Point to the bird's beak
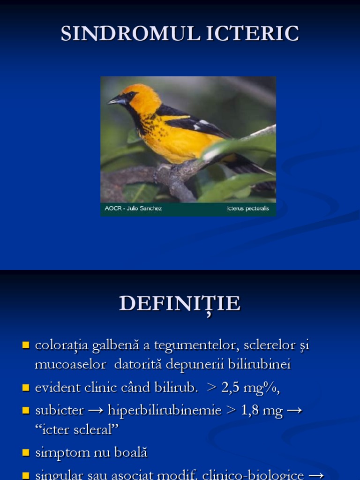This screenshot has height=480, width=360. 115,100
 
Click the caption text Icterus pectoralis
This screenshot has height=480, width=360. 247,209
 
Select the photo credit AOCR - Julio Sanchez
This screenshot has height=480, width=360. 134,209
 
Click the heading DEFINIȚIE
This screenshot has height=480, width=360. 180,304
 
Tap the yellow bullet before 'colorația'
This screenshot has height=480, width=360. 26,346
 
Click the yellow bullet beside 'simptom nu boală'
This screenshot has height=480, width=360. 26,452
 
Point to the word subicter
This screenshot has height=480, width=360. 59,411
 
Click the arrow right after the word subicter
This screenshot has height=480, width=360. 96,411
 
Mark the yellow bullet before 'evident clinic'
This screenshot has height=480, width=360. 26,388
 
